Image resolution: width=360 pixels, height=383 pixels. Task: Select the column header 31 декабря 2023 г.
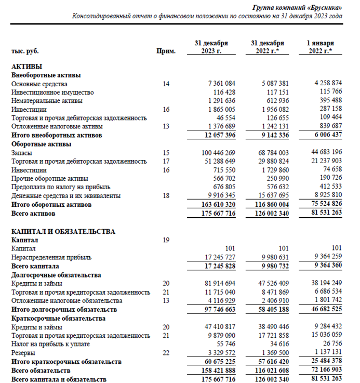[211, 47]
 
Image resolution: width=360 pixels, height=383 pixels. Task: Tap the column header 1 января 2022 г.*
[320, 47]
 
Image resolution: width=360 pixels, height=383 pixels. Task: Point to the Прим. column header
[166, 51]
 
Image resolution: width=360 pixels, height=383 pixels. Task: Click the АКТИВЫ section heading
[26, 67]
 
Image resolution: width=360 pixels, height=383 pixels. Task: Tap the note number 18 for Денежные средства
[166, 195]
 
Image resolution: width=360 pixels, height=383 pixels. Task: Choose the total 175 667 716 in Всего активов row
[214, 214]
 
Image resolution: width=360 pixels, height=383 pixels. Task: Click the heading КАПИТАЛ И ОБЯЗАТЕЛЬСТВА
[63, 231]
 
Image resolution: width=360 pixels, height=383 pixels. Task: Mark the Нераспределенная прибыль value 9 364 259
[324, 257]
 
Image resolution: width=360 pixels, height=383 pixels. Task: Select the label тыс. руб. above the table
[25, 51]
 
